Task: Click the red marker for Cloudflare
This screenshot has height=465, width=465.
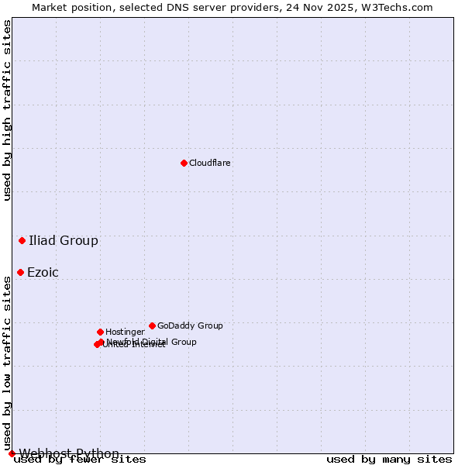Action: [184, 163]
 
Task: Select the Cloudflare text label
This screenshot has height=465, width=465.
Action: [210, 164]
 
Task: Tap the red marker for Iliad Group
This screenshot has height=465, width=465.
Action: [22, 240]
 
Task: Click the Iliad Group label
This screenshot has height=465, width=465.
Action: [64, 240]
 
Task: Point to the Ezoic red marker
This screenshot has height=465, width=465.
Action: [20, 272]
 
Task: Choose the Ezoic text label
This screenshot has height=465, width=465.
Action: [43, 273]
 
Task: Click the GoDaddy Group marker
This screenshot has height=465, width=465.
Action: [152, 325]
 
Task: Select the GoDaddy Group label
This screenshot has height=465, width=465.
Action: [190, 326]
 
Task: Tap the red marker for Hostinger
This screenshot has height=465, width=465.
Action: [100, 332]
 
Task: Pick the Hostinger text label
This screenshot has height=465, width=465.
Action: [125, 332]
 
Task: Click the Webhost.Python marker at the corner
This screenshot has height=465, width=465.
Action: [12, 453]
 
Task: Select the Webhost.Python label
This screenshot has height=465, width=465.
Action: [69, 453]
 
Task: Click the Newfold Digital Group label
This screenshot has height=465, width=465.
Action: [152, 342]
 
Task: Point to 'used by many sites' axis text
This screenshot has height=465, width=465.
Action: [389, 460]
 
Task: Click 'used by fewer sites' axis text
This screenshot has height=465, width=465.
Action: [81, 460]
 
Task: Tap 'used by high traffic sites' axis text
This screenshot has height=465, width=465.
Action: [8, 110]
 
